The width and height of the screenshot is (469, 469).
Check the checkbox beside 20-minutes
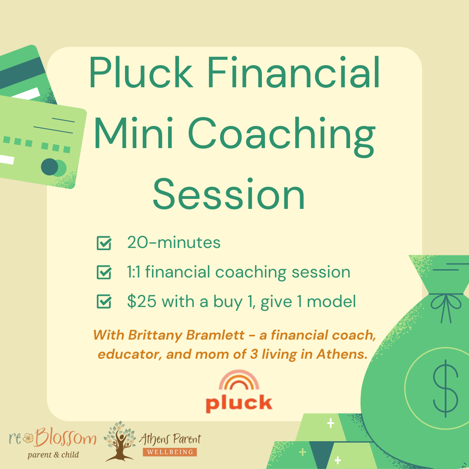(x=103, y=243)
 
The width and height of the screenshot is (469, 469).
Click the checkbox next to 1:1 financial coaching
(x=103, y=272)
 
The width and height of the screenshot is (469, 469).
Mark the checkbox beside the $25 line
(x=103, y=301)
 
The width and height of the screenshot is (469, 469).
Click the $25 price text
(x=142, y=301)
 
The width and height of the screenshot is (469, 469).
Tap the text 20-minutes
(x=174, y=243)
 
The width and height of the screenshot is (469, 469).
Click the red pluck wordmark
(x=239, y=403)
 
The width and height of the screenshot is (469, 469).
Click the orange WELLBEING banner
(x=170, y=452)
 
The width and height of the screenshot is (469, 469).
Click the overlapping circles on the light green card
(x=53, y=167)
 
